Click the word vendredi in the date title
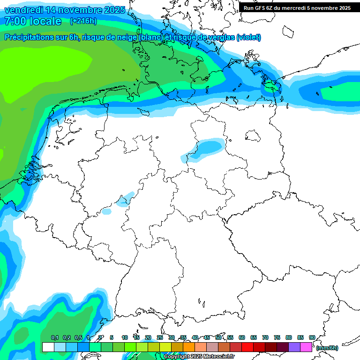point(23,10)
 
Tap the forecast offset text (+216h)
point(83,21)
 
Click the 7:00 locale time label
point(33,21)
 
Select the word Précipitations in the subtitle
point(28,37)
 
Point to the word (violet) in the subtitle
point(248,37)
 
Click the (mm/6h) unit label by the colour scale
point(327,348)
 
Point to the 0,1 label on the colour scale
point(54,338)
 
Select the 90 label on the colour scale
point(312,338)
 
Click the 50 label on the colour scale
point(218,338)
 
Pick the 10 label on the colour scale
point(125,338)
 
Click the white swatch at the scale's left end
point(48,347)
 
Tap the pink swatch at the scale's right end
point(306,347)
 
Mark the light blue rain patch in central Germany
point(206,148)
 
